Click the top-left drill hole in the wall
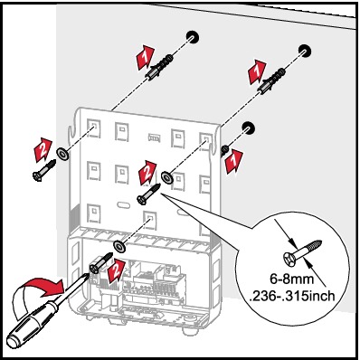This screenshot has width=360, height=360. [193, 37]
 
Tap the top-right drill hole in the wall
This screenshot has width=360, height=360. [305, 51]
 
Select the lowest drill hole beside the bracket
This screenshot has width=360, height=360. [248, 128]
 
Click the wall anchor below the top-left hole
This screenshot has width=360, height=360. [159, 66]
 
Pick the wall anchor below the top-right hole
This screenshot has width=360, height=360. [271, 81]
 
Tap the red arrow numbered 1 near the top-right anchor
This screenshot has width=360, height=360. [257, 71]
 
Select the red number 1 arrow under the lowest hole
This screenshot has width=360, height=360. [233, 162]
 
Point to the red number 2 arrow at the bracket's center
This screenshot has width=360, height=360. [147, 173]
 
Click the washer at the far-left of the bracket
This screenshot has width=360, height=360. [62, 154]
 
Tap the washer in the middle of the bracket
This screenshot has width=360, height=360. [166, 177]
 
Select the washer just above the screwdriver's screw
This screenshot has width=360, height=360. [119, 247]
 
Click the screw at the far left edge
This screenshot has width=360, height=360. [44, 171]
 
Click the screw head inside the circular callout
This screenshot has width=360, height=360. [290, 259]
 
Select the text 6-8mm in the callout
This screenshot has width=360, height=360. [292, 279]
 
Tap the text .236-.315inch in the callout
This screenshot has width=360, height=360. [292, 296]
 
